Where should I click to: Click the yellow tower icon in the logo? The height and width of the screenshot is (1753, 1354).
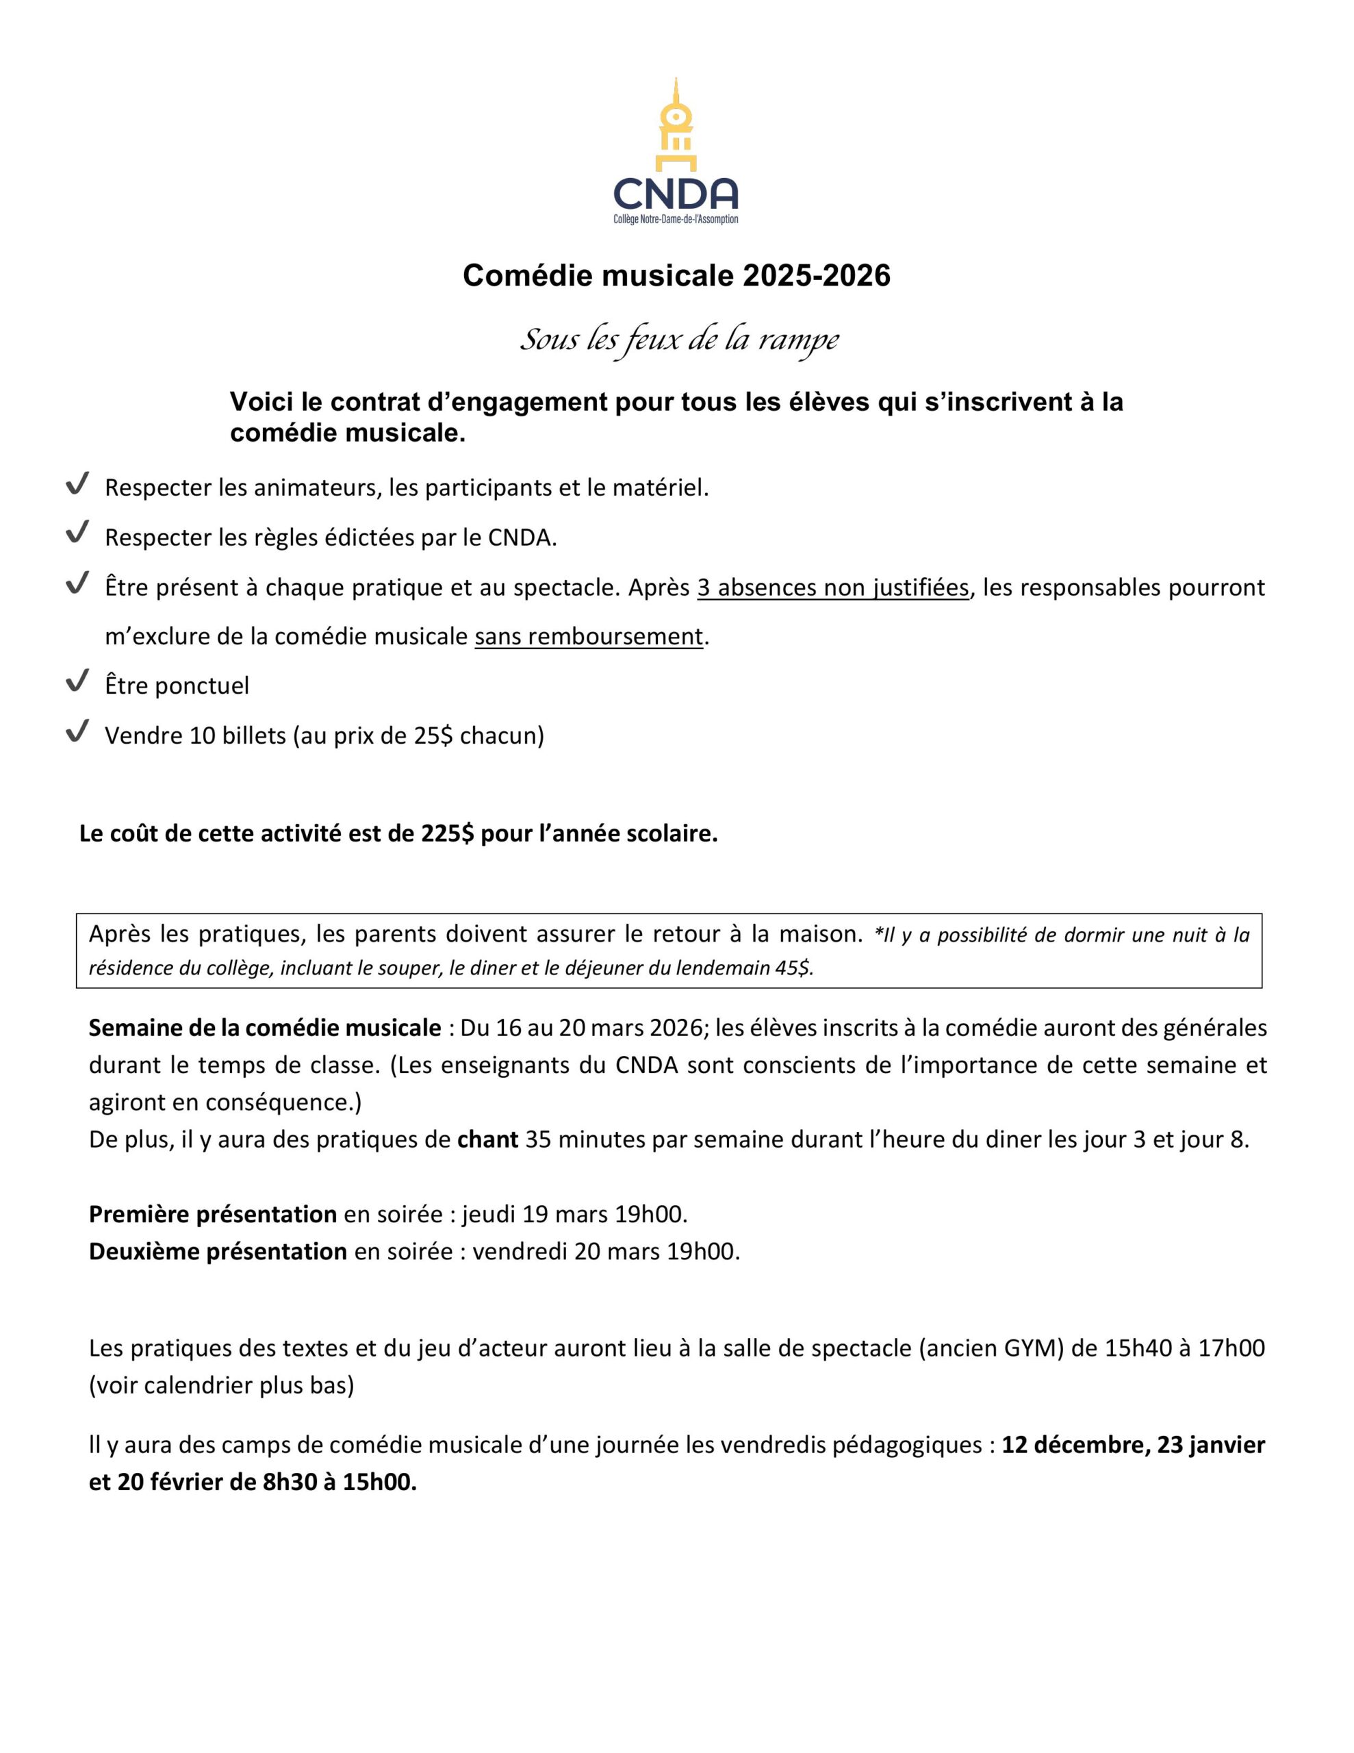(676, 125)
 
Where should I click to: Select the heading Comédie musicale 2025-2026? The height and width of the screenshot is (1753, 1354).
(676, 275)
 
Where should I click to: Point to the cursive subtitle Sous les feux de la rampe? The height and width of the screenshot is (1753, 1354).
(679, 340)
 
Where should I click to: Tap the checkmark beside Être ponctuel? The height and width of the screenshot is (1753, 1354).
(77, 682)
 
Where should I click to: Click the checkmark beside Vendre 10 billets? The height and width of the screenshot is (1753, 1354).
(77, 731)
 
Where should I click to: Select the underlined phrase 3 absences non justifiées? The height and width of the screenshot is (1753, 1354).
(832, 588)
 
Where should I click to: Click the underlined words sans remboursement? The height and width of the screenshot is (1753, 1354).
(588, 637)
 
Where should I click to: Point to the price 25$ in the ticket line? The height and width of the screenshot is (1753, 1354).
(433, 735)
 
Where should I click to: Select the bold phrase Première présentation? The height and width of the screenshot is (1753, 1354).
(213, 1214)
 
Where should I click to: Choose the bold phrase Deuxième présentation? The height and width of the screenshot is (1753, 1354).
(218, 1251)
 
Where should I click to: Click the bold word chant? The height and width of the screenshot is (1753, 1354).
(487, 1139)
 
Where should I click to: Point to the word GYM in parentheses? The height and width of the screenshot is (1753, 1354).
(1030, 1348)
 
